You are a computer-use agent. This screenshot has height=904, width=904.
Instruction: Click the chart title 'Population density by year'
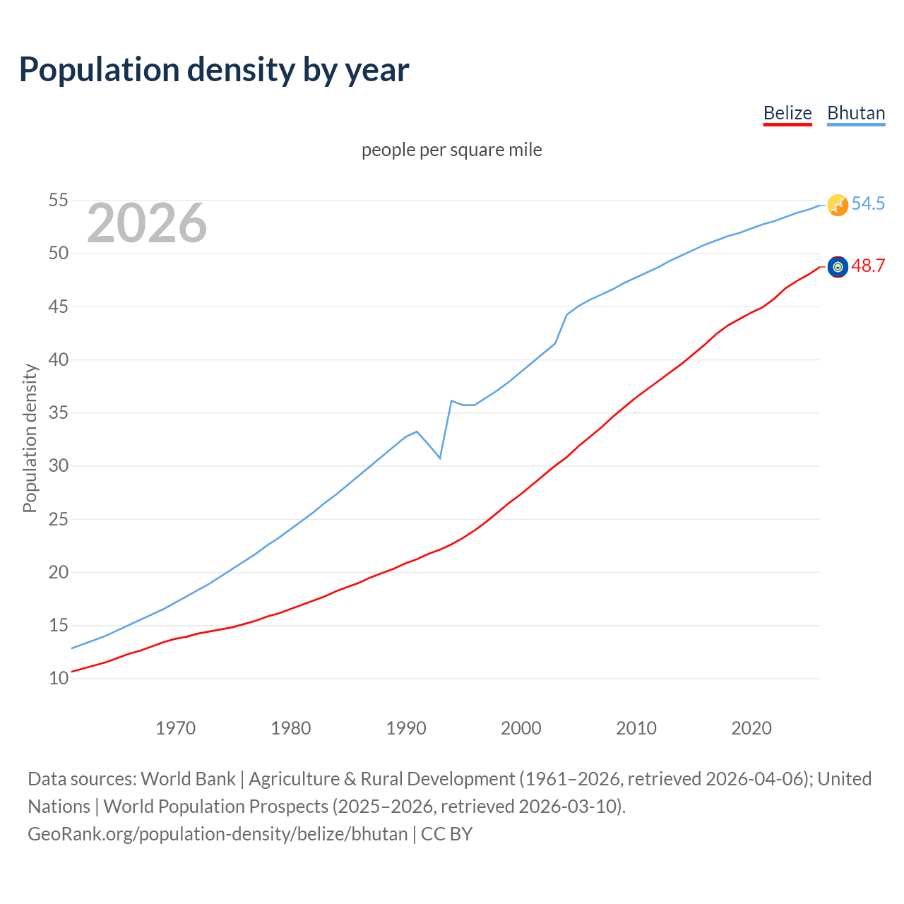point(214,70)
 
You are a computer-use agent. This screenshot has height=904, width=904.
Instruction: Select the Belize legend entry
point(787,113)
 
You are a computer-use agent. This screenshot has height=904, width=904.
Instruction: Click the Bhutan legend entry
point(856,113)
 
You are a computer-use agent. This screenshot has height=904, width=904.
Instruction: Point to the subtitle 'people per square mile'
point(452,150)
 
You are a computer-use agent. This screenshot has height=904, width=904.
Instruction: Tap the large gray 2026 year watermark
point(147,223)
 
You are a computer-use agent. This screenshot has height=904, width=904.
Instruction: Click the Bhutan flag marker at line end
point(838,205)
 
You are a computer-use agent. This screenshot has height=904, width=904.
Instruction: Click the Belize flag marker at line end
point(838,266)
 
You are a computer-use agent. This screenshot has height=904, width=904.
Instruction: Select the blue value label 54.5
point(868,204)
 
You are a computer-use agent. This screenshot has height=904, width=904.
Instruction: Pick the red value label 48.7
point(868,266)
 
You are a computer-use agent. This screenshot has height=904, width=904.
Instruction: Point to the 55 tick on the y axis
point(59,201)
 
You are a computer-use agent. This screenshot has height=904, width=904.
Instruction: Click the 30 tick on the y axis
point(59,466)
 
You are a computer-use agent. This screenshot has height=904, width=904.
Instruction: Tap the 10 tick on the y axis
point(59,679)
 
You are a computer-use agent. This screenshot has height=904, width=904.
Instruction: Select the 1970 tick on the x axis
point(176,728)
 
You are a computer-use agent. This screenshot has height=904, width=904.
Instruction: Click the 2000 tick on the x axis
point(521,728)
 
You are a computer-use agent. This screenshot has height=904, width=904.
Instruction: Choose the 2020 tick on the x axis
point(751,728)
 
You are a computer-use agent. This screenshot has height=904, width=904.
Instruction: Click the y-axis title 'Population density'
point(30,438)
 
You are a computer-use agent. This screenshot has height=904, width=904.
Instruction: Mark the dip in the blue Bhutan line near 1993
point(440,458)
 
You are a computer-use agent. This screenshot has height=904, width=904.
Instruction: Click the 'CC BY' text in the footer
point(447,834)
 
